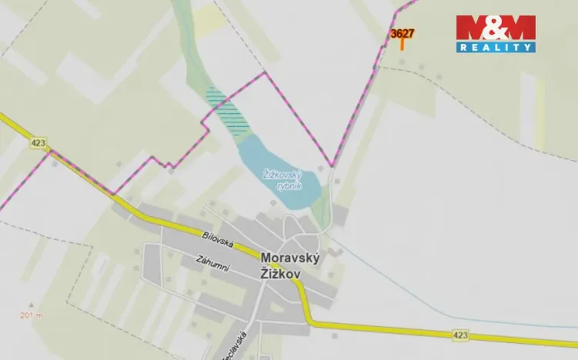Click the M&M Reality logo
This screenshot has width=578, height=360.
click(495, 34)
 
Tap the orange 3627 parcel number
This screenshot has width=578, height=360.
click(402, 34)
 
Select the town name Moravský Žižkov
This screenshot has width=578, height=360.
click(290, 265)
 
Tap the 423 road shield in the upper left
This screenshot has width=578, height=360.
click(38, 142)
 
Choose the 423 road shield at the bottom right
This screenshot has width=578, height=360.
click(460, 335)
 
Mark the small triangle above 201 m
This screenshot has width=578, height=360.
click(32, 304)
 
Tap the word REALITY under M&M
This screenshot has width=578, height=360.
click(495, 48)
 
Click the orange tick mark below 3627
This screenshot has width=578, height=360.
click(402, 44)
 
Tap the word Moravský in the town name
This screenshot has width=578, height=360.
click(290, 258)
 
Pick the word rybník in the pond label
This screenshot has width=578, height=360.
click(291, 186)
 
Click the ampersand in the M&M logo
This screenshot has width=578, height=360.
click(495, 28)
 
